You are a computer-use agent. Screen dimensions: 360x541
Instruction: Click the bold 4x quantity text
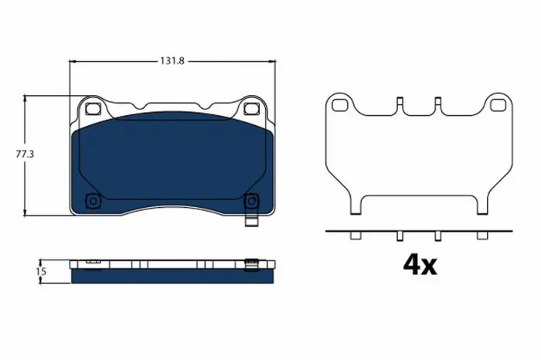pyautogui.click(x=420, y=265)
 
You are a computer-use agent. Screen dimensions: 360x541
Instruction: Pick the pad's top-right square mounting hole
pyautogui.click(x=250, y=109)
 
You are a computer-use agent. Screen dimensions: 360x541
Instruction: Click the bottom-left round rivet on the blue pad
pyautogui.click(x=94, y=202)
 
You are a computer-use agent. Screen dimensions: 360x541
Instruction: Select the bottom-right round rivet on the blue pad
pyautogui.click(x=250, y=202)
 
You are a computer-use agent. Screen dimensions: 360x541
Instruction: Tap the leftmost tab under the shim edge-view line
pyautogui.click(x=354, y=236)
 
